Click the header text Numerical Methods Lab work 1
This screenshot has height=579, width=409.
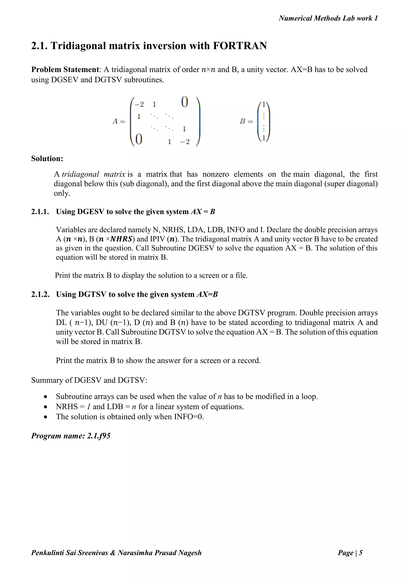[x=328, y=18]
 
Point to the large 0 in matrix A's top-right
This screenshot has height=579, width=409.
[x=185, y=102]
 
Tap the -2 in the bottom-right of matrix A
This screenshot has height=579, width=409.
[x=185, y=142]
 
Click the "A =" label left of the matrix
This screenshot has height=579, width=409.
[x=119, y=122]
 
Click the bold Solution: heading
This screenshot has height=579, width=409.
[x=47, y=159]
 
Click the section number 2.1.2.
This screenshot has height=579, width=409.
[x=40, y=294]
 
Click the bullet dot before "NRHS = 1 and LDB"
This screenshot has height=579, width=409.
[x=45, y=407]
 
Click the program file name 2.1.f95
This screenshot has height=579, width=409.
[x=98, y=436]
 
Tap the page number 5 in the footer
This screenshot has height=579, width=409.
[x=361, y=553]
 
